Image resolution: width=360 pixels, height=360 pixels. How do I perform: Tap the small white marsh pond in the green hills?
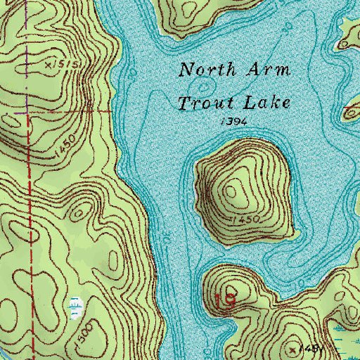click(74, 304)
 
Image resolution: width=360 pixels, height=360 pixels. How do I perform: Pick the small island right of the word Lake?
click(352, 111)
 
